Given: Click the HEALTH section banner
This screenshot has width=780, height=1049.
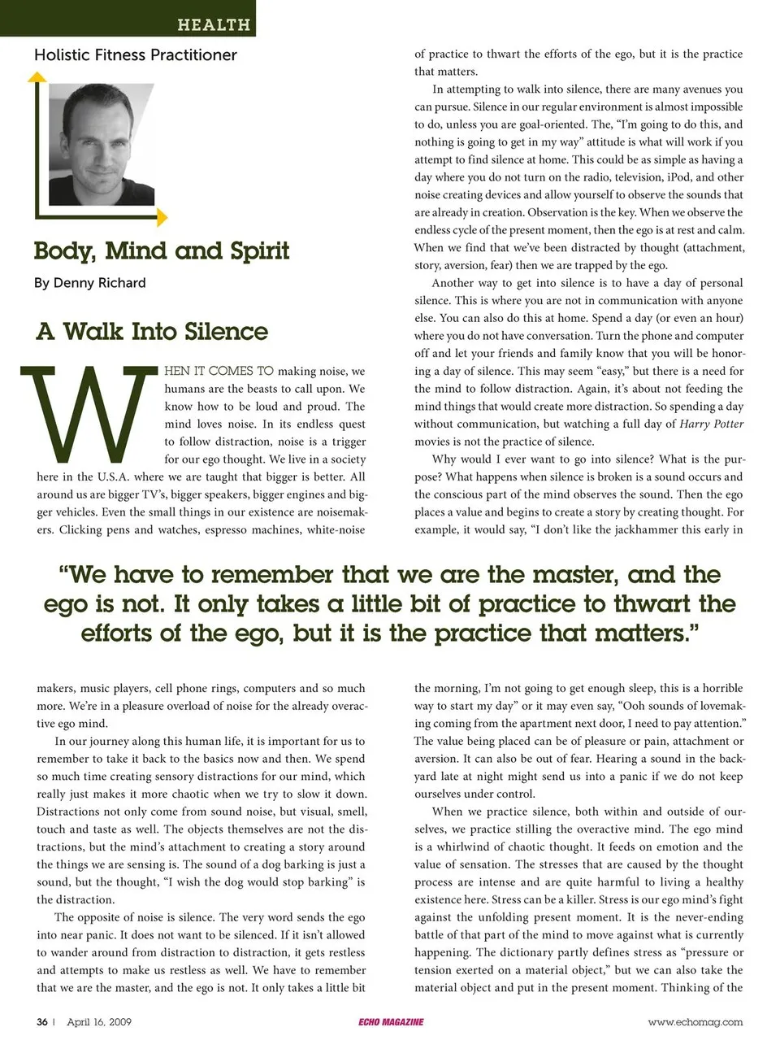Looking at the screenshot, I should (x=214, y=24).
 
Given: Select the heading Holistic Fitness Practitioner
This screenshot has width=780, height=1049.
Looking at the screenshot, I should (x=136, y=55).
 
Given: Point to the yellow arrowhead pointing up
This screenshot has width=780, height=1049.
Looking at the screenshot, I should (x=37, y=77).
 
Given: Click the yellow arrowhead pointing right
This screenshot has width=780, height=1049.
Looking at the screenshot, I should (x=162, y=217).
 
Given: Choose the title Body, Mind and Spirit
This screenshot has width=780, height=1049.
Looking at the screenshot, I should (x=162, y=250).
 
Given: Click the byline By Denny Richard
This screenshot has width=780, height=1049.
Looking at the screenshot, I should (x=90, y=283).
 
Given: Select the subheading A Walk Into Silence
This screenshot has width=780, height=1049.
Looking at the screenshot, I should (x=152, y=332).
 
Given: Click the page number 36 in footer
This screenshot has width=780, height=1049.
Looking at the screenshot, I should (x=41, y=1022).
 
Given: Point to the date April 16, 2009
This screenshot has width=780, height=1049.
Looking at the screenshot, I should (x=99, y=1022).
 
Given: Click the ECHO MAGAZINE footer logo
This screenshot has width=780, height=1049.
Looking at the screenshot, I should (x=391, y=1022).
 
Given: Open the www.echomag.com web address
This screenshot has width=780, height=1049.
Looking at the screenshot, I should (x=695, y=1022).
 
